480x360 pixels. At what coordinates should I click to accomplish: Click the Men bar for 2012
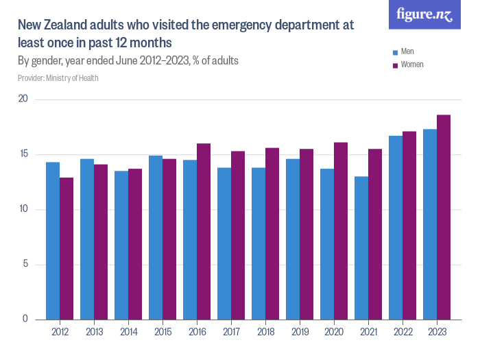coord(53,241)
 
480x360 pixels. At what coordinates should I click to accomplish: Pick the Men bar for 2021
coord(361,248)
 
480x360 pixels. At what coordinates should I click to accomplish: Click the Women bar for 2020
coord(341,230)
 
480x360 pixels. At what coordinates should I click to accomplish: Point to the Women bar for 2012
coord(67,248)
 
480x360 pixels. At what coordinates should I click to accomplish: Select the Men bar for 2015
coord(156,237)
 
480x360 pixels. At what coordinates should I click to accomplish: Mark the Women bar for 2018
coord(272,234)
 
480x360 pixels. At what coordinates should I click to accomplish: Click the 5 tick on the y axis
coord(25,265)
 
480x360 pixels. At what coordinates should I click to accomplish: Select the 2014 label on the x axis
coord(128,332)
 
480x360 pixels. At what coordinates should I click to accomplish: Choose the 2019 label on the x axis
coord(300,332)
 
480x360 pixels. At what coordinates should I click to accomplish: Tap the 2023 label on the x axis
coord(437,332)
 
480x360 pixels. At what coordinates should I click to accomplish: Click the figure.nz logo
coord(424,15)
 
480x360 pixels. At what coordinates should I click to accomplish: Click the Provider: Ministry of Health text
coord(58,78)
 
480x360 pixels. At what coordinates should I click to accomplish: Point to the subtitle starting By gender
coord(128,61)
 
